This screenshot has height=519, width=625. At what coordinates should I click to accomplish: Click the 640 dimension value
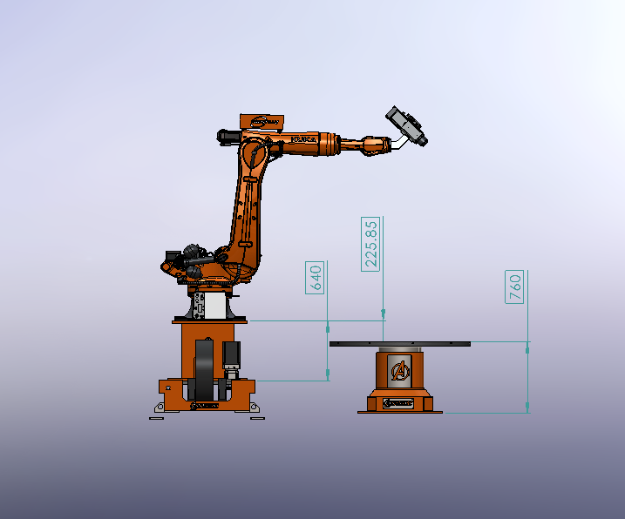(x=316, y=277)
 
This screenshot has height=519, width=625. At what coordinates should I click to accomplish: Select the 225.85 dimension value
(x=371, y=243)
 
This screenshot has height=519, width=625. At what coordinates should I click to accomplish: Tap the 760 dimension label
(x=515, y=286)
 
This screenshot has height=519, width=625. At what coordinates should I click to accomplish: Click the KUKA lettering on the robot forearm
(x=304, y=139)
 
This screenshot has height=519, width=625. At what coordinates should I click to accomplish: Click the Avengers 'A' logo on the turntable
(x=400, y=371)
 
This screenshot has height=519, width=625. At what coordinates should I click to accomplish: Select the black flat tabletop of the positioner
(x=400, y=344)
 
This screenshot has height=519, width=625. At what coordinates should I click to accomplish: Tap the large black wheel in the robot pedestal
(x=206, y=370)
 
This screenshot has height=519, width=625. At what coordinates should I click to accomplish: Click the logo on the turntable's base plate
(x=400, y=404)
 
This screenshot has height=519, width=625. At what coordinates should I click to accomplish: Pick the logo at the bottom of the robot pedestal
(x=207, y=405)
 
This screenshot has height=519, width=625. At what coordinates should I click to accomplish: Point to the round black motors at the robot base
(x=187, y=259)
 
